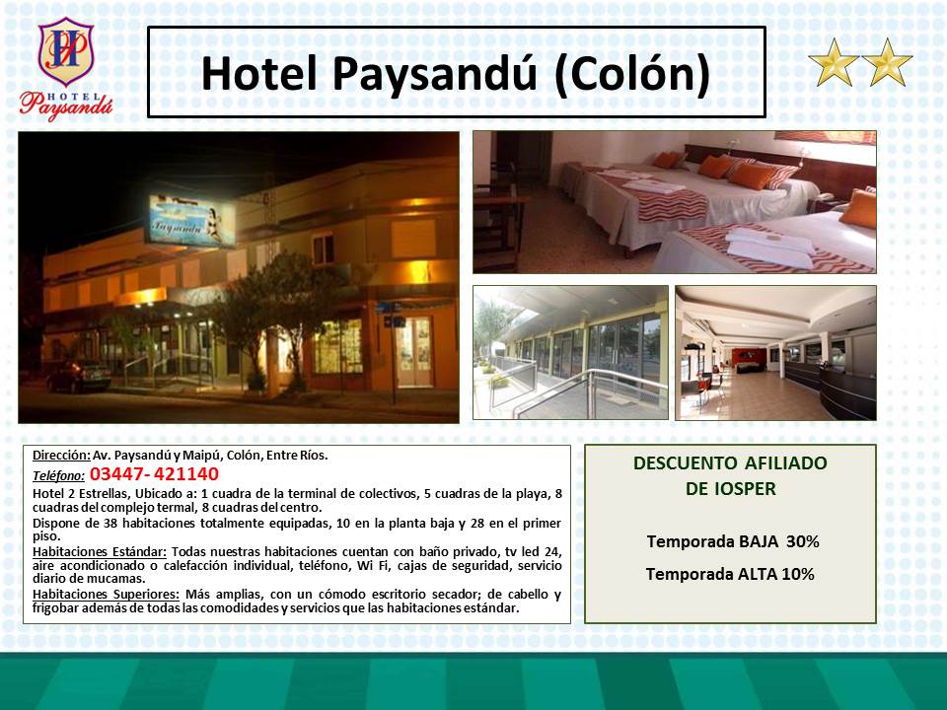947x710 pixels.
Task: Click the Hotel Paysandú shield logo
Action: pos(65,52)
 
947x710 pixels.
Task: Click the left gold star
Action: pos(834,63)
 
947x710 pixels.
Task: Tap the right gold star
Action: pos(887,63)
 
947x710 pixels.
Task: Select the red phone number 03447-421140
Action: pos(154,474)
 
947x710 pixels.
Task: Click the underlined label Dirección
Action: pos(61,456)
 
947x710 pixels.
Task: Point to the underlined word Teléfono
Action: pos(58,475)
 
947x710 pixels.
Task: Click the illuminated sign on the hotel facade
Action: pos(190,221)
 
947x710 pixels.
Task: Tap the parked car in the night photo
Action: pos(79,376)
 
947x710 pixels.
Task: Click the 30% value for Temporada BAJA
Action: pos(803,541)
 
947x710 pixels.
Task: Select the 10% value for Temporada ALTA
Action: pos(798,574)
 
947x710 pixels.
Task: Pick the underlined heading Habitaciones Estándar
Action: pos(100,552)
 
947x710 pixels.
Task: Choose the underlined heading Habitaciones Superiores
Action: pos(106,594)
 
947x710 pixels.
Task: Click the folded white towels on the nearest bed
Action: pos(770,248)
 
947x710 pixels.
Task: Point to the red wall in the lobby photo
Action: pos(749,357)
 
